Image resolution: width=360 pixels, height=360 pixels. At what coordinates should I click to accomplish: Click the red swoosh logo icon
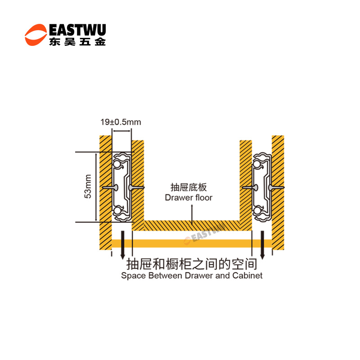[x=36, y=35]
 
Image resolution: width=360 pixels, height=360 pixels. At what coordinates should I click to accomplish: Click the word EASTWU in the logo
[x=76, y=30]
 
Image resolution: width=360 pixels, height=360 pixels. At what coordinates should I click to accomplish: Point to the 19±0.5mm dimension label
[x=120, y=122]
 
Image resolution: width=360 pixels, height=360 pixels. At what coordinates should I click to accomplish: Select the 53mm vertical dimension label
[x=88, y=186]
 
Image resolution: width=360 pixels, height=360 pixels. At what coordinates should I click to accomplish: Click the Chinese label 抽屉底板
[x=189, y=188]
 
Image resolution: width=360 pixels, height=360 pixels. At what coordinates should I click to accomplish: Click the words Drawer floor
[x=189, y=197]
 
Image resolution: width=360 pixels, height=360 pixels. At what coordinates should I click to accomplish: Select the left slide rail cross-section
[x=122, y=186]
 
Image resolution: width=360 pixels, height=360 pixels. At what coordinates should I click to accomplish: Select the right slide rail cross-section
[x=262, y=186]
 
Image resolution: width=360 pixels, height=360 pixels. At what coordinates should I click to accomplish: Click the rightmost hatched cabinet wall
[x=278, y=189]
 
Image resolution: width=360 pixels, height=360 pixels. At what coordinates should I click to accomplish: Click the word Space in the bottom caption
[x=134, y=275]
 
